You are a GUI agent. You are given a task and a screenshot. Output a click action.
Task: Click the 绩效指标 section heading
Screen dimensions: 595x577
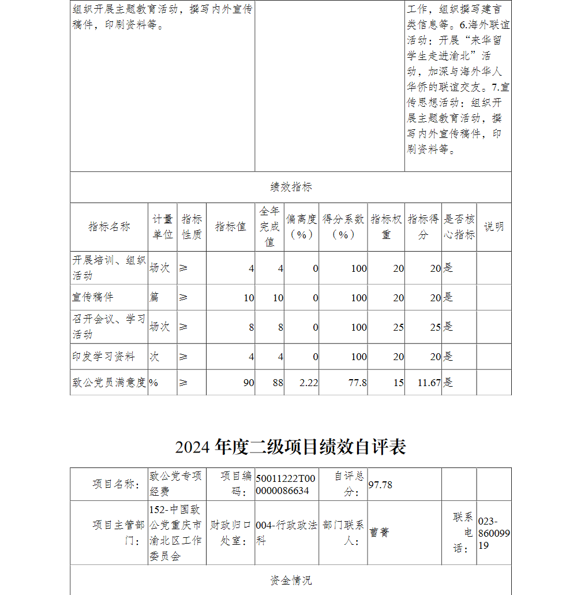pos(291,187)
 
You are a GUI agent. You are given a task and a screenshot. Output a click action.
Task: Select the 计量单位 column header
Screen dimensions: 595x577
pos(162,227)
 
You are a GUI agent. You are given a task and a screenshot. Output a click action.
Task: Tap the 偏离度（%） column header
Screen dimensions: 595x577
pos(301,227)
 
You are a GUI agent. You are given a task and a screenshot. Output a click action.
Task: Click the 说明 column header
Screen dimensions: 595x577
pos(493,227)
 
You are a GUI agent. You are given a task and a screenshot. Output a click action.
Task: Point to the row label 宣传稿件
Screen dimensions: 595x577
pos(93,297)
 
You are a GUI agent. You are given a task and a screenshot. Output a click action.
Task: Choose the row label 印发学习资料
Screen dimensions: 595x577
pos(104,357)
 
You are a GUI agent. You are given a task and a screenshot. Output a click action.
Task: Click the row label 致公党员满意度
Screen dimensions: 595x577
pos(109,382)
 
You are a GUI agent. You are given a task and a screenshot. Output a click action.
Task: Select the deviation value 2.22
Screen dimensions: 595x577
pos(309,383)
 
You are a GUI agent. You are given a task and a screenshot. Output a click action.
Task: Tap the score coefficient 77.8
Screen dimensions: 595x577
pos(358,383)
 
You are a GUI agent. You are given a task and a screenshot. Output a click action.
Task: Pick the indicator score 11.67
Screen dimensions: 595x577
pos(430,383)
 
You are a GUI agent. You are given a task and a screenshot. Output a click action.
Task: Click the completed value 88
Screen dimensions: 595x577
pos(278,383)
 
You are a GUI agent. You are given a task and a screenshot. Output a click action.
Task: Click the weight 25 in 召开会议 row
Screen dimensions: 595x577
pos(398,327)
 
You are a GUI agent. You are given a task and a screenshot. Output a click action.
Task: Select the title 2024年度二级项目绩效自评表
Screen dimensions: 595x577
pos(291,447)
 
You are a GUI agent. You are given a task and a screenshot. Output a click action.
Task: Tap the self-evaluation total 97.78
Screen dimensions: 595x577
pos(380,485)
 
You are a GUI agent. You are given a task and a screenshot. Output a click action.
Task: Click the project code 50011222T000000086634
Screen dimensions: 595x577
pos(286,484)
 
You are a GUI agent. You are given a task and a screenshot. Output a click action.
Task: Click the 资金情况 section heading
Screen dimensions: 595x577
pos(291,580)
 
